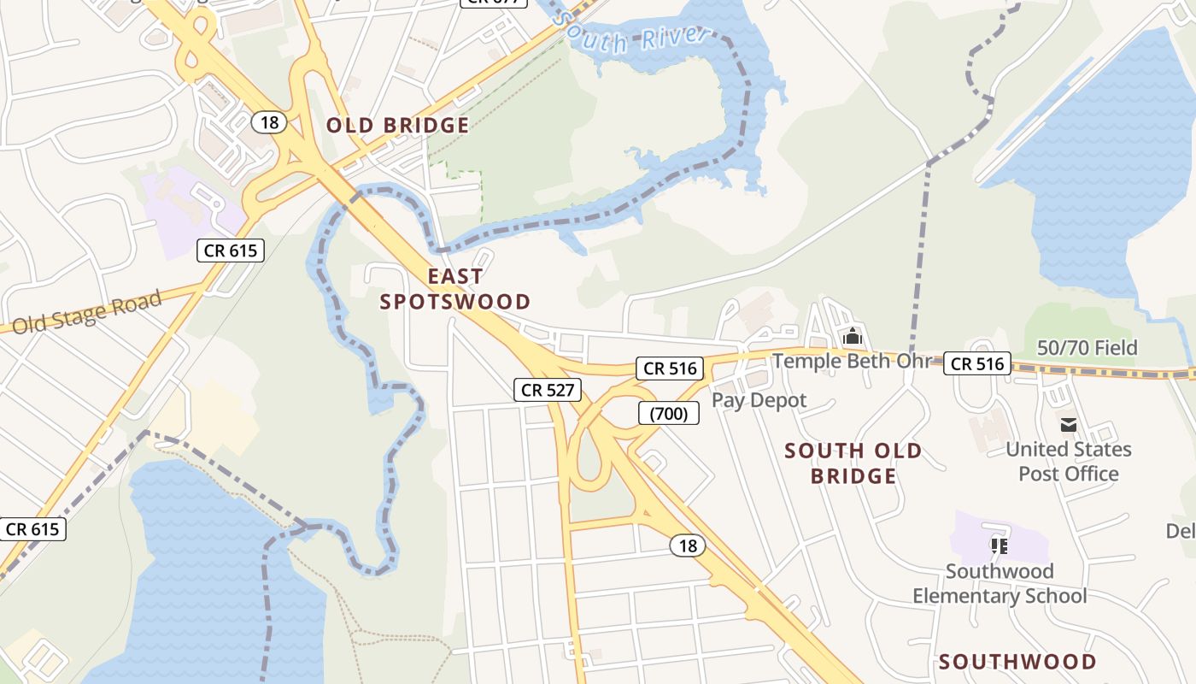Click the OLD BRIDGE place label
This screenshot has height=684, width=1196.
click(x=397, y=126)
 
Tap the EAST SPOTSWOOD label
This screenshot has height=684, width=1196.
click(x=455, y=289)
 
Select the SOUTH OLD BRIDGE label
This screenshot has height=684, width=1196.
click(x=853, y=463)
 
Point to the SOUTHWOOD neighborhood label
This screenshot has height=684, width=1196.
click(x=1017, y=661)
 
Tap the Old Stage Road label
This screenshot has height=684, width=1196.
click(x=87, y=311)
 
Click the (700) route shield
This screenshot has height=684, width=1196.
click(x=668, y=414)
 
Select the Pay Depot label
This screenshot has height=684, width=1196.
click(x=759, y=400)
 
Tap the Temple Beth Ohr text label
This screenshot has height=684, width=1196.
click(x=851, y=361)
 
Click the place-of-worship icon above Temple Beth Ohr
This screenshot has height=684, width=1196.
click(x=852, y=337)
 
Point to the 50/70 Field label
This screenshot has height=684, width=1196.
click(x=1087, y=347)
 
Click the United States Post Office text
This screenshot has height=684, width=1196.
click(x=1068, y=462)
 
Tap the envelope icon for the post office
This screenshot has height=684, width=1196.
click(x=1068, y=424)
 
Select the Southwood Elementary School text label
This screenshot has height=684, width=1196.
click(x=1000, y=583)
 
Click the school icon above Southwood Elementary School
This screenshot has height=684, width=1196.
click(x=999, y=545)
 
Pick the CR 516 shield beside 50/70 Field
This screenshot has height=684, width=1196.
click(x=977, y=363)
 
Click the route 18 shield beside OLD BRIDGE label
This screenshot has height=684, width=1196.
click(x=268, y=122)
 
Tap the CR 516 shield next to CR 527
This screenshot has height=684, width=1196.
click(x=670, y=369)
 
